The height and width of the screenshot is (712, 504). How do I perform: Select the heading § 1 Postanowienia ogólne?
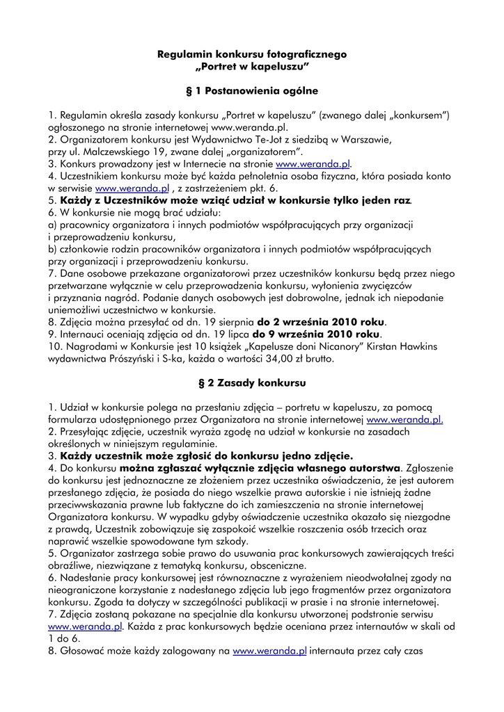tap(252, 90)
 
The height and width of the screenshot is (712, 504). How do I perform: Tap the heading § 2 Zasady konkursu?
tap(252, 382)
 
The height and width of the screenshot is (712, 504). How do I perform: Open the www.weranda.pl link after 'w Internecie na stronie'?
tap(313, 163)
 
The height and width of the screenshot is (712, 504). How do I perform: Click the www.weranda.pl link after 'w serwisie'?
tap(132, 188)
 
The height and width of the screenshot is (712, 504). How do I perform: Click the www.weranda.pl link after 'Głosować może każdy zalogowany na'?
tap(269, 651)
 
